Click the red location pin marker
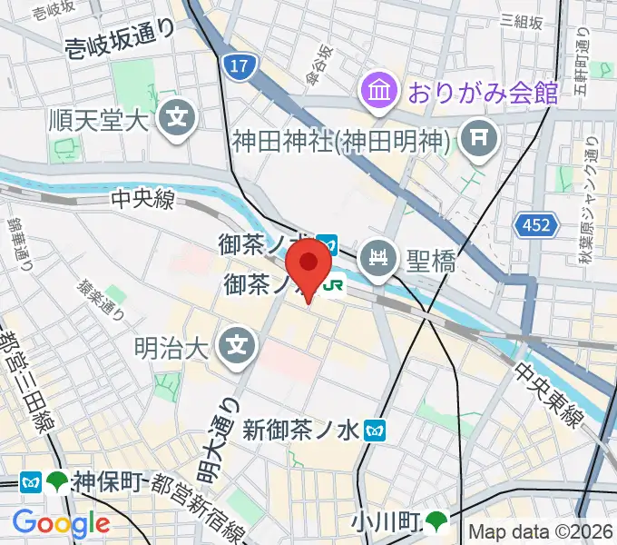(x=308, y=264)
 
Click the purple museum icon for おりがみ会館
(x=376, y=90)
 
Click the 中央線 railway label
(x=142, y=200)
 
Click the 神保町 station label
(x=105, y=481)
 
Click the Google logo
(x=61, y=523)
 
